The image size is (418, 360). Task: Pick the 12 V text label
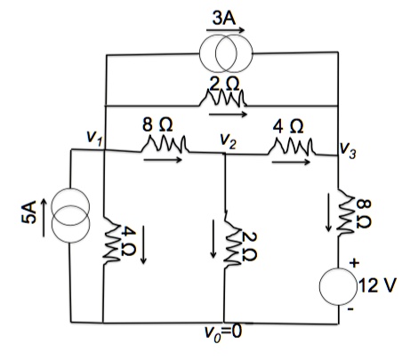pyautogui.click(x=382, y=286)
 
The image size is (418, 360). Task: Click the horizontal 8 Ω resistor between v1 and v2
pyautogui.click(x=163, y=144)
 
